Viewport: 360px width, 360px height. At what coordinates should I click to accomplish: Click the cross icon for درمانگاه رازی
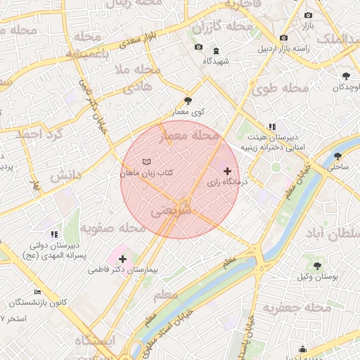226,171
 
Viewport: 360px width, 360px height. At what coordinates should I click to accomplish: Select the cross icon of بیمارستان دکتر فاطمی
122,259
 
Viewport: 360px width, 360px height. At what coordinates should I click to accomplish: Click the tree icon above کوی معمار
187,101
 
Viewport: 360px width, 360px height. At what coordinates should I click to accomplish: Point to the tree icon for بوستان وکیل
318,266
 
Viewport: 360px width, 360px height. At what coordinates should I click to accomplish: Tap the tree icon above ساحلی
338,157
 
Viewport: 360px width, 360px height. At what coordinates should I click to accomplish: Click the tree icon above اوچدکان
346,76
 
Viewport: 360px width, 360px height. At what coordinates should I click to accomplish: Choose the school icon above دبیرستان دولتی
54,234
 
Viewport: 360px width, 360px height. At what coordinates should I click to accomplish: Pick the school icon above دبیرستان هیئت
274,127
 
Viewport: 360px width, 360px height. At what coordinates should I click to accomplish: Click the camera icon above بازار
308,15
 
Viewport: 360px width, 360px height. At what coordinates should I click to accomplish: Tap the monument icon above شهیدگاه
215,50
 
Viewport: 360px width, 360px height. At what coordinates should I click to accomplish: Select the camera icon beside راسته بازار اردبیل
283,37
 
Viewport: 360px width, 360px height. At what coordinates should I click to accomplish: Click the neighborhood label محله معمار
191,136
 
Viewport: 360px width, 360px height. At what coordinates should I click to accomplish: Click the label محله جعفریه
297,308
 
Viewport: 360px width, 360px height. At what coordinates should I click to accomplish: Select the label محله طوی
281,89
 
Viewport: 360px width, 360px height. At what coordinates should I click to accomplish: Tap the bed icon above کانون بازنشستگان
37,292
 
